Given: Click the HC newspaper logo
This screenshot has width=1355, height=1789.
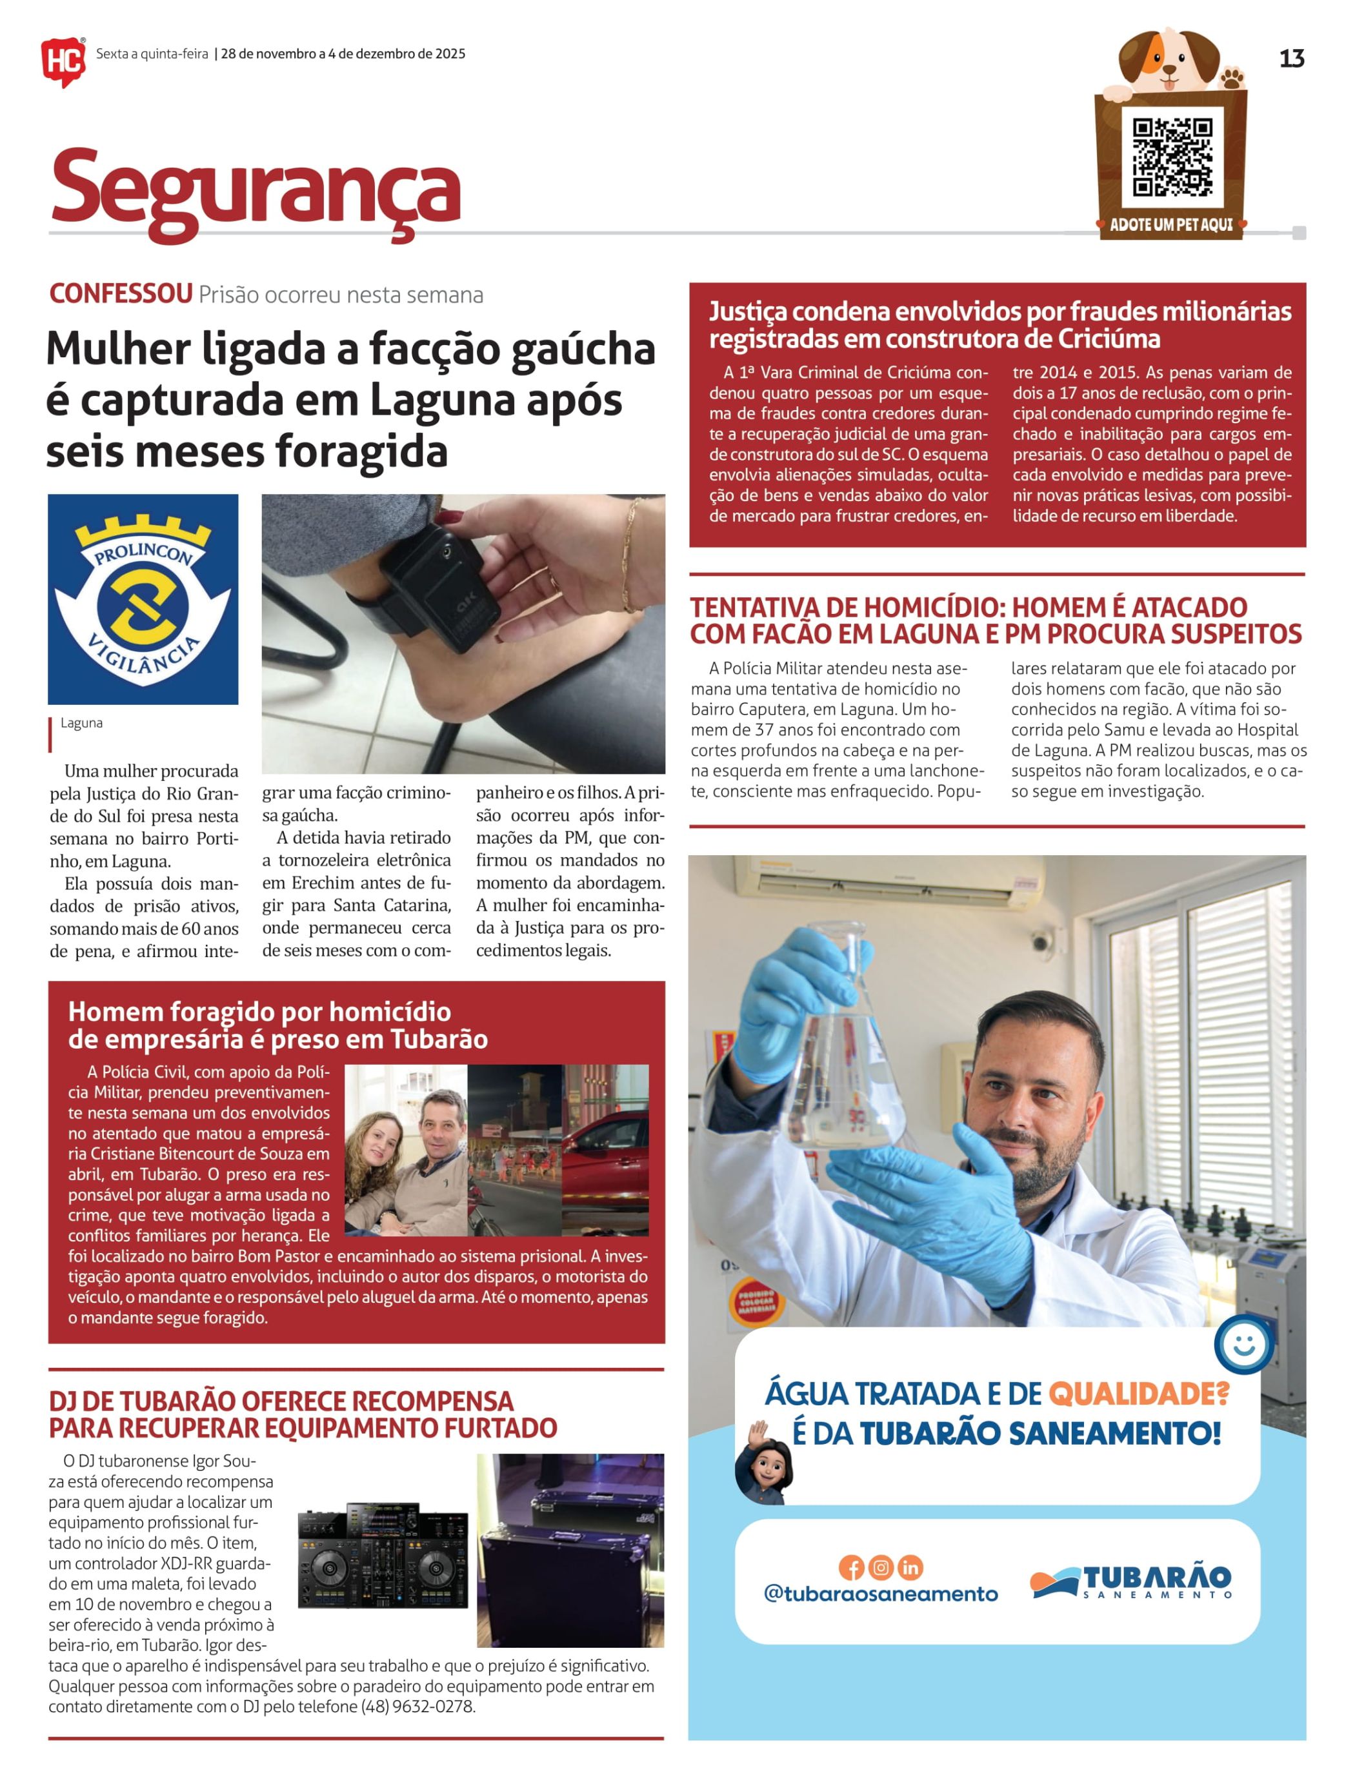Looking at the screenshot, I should tap(63, 61).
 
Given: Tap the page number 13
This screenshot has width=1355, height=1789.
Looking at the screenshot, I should tap(1291, 58).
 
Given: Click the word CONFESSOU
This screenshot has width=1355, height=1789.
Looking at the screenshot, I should tap(121, 293).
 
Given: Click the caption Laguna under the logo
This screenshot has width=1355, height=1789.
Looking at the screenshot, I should tap(82, 723).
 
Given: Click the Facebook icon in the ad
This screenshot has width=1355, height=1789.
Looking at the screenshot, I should tap(851, 1567).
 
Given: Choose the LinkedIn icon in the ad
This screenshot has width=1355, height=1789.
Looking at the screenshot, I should tap(910, 1567).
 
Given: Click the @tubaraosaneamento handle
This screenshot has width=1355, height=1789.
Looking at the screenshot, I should tap(880, 1594).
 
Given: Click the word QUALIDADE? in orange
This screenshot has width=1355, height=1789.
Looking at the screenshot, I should tap(1138, 1394).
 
